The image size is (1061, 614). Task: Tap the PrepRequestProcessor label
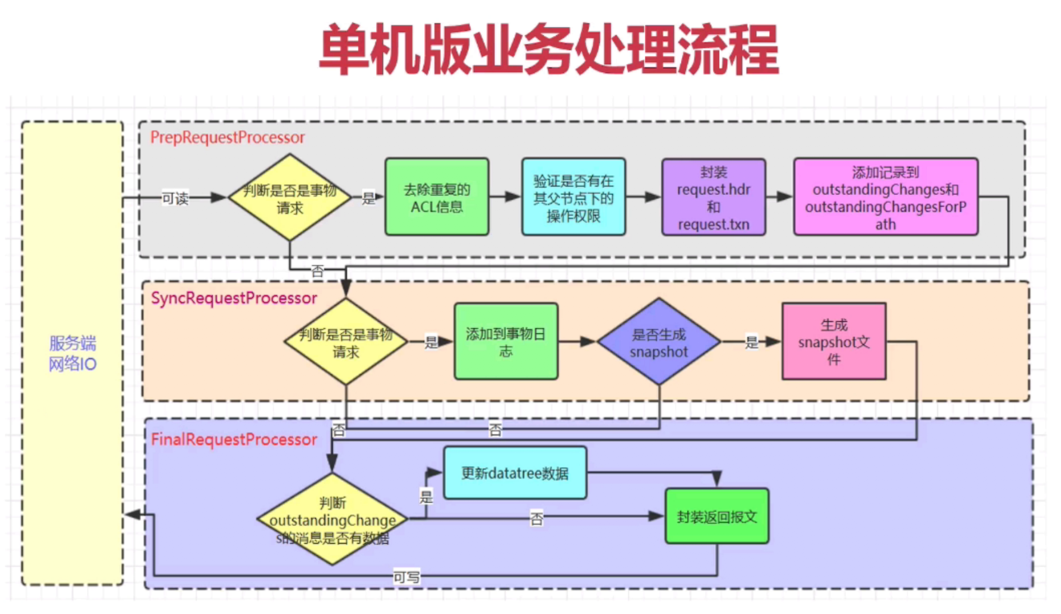(x=227, y=137)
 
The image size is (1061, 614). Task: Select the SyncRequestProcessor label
(x=233, y=298)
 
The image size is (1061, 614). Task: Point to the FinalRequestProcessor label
(x=233, y=439)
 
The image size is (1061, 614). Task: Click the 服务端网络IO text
(x=73, y=353)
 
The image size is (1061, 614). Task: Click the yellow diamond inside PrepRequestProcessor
(x=290, y=198)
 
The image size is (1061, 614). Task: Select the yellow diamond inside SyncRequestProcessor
(x=346, y=342)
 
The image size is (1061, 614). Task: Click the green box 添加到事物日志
(x=505, y=342)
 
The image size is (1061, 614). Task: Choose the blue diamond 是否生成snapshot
(x=659, y=342)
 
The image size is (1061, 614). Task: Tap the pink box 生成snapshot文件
(x=833, y=342)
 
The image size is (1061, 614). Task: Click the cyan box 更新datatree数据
(x=514, y=473)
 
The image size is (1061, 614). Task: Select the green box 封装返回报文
(x=717, y=517)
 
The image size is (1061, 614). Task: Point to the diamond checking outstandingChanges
(x=333, y=519)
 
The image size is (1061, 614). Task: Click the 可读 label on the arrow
(x=175, y=198)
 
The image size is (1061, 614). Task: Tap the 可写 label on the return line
(x=406, y=577)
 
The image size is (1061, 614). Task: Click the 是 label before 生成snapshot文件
(x=752, y=342)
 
